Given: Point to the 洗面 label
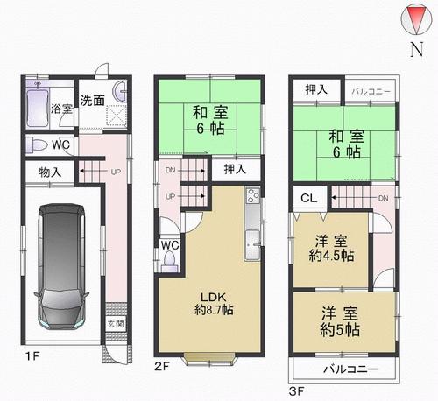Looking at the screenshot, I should coord(92,101).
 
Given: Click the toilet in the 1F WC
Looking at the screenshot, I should coord(35,144).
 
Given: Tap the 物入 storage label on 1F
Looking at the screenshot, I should coord(49,172).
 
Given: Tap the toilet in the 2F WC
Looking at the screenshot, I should coord(169,260).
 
